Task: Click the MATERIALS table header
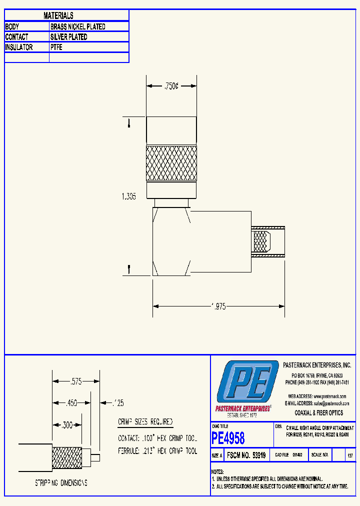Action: click(58, 16)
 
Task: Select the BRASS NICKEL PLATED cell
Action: click(77, 26)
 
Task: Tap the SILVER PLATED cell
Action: click(68, 37)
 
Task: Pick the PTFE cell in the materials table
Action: click(56, 47)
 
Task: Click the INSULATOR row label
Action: click(19, 47)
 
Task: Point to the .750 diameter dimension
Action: click(171, 86)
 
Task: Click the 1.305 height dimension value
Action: click(128, 196)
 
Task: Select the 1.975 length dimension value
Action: click(218, 306)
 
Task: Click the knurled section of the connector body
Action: click(171, 163)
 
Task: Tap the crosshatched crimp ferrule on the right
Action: click(260, 242)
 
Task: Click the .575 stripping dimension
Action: click(75, 381)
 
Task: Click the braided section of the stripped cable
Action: click(67, 457)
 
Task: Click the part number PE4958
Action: click(228, 438)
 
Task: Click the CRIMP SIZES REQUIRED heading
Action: click(145, 422)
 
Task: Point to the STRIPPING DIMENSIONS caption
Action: click(61, 483)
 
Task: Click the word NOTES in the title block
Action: click(217, 471)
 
